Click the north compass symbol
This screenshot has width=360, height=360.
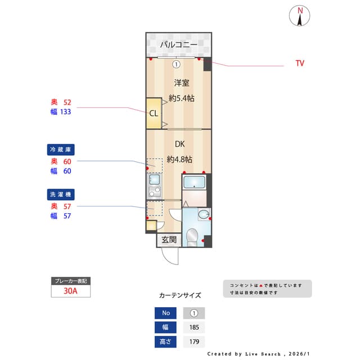pos(300,16)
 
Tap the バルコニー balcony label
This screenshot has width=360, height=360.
pos(178,44)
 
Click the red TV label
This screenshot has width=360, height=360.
pos(300,64)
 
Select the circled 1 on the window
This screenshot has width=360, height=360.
pos(176,64)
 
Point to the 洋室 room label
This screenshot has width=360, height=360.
pos(181,83)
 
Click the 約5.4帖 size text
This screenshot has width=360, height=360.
pos(181,98)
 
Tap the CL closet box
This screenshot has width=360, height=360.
pos(153,112)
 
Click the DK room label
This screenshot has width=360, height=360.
pos(179,144)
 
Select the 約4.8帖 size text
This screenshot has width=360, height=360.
pos(181,159)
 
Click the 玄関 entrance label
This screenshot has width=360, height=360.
pos(169,240)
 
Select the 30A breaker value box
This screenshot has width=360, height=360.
pos(71,292)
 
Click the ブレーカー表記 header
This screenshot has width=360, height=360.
pos(71,281)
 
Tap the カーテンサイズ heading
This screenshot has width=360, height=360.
pos(180,295)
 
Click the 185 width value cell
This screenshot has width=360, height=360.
pos(194,327)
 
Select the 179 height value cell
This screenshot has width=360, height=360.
pos(194,341)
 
